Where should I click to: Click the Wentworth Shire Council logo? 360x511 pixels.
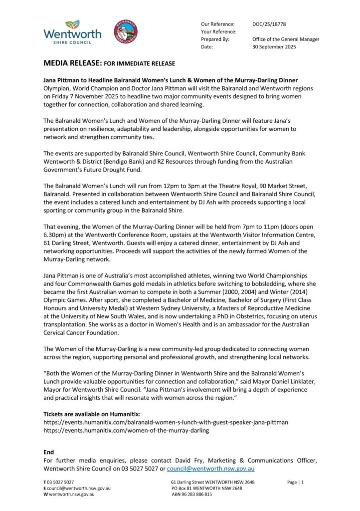pos(72,32)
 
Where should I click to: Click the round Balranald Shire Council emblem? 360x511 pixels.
pos(126,31)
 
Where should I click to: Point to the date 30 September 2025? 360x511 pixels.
pos(274,47)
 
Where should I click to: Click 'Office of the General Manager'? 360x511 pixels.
pos(286,39)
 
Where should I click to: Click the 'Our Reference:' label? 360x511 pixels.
pos(217,24)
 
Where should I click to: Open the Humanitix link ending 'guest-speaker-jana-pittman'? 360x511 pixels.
pos(166,422)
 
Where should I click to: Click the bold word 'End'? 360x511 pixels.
pos(49,452)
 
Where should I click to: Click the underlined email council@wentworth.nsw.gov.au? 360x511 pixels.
pos(211,469)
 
